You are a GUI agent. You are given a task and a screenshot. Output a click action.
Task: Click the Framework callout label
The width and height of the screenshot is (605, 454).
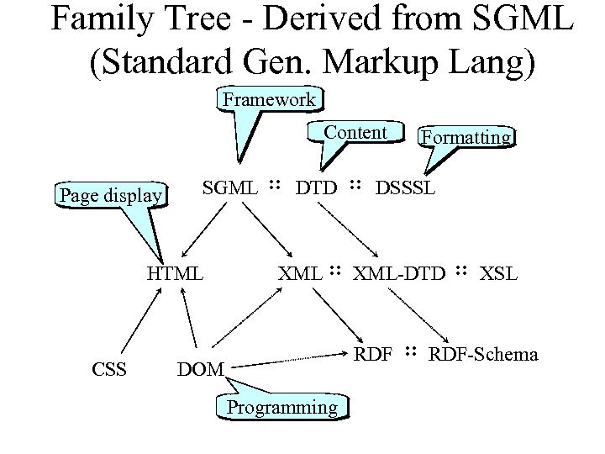(269, 99)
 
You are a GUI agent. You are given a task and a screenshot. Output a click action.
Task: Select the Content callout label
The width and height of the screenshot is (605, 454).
(355, 132)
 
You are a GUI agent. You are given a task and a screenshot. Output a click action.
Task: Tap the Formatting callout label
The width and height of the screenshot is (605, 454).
(467, 136)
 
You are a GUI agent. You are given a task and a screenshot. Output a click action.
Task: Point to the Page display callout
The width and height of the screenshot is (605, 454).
(110, 196)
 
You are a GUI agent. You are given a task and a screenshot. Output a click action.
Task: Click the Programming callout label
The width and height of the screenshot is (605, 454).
(282, 408)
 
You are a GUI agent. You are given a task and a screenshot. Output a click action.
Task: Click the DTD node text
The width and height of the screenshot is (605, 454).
(316, 187)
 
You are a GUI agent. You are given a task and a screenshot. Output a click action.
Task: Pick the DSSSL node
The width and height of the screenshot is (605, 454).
(405, 187)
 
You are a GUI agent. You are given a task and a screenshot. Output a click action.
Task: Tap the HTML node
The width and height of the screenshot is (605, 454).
(175, 273)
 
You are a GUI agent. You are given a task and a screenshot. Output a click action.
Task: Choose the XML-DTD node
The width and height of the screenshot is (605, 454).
(399, 273)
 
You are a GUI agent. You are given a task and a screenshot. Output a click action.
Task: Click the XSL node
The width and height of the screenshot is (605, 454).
(499, 273)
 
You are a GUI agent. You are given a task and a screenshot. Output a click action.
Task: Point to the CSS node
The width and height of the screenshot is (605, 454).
(109, 367)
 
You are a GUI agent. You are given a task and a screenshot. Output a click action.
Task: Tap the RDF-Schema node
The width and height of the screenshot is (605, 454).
(483, 354)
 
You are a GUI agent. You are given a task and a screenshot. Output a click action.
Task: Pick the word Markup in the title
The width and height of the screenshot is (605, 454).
(367, 63)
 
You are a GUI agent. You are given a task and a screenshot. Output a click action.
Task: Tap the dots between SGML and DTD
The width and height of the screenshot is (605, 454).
(274, 185)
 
